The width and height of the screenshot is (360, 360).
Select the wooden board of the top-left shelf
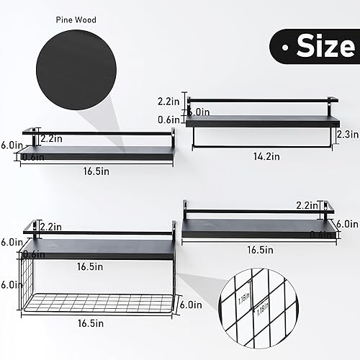[x=97, y=153]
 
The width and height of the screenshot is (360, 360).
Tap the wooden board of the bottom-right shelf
[x=259, y=228]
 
